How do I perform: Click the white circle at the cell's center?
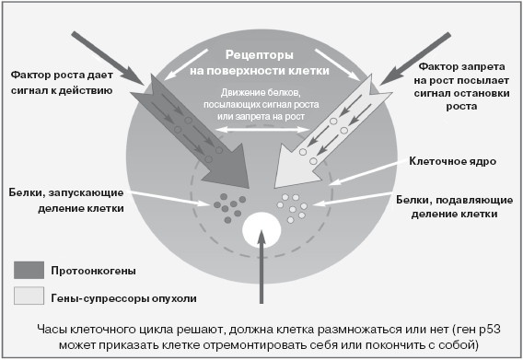pos(261,229)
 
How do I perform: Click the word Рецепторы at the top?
pos(261,54)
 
